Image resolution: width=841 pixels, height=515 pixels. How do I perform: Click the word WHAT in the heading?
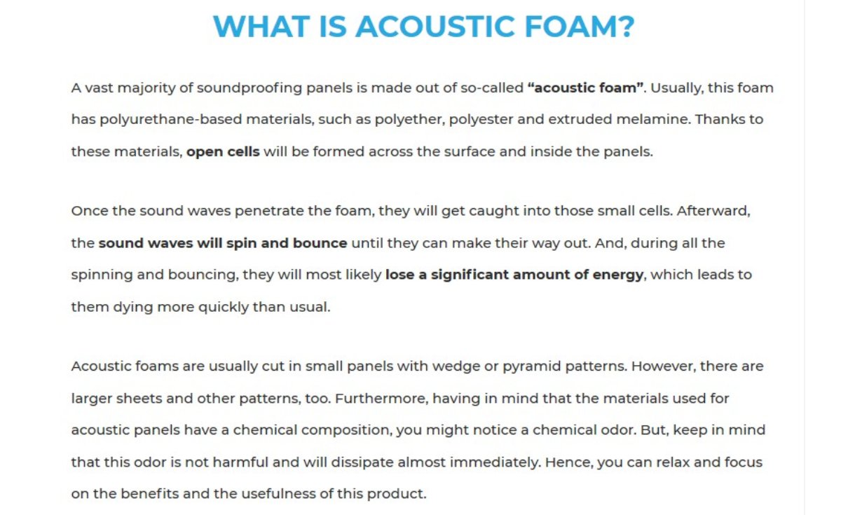click(x=261, y=27)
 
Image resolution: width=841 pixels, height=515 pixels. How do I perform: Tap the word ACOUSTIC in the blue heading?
click(x=435, y=27)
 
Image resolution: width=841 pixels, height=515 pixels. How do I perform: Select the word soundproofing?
click(x=249, y=88)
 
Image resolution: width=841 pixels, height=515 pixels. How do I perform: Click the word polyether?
click(x=410, y=120)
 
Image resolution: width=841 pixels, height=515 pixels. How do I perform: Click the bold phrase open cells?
click(x=223, y=153)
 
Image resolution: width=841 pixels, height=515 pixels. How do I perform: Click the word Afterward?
click(x=713, y=211)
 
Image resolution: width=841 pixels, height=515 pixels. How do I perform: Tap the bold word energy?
click(x=618, y=276)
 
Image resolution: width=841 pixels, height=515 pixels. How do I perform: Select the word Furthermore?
click(x=381, y=399)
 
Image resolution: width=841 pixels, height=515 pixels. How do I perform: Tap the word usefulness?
click(x=280, y=494)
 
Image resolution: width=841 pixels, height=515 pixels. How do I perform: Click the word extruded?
click(x=580, y=119)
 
